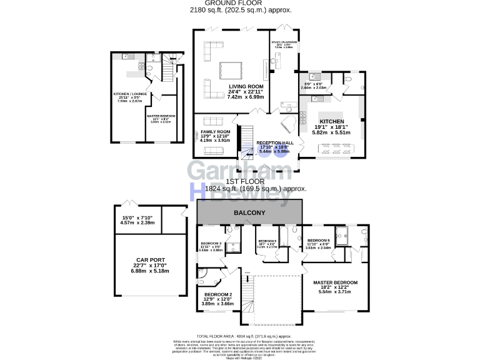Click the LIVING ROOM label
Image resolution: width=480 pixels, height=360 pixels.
(245, 86)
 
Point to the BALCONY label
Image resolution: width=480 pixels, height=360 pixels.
(249, 213)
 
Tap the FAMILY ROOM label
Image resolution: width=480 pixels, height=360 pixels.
(216, 132)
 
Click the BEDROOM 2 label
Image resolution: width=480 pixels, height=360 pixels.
(218, 294)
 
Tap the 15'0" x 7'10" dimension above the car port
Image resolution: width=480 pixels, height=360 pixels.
(135, 217)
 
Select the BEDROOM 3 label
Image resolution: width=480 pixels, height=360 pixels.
(211, 243)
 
